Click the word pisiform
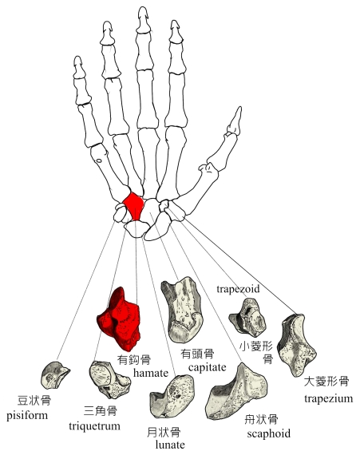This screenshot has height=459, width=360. tap(27, 416)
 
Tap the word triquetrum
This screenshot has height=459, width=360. tap(94, 426)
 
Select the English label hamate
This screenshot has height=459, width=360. tap(151, 373)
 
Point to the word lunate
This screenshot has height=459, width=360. tap(170, 445)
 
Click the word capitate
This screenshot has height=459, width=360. tap(208, 367)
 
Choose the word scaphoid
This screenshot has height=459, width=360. tap(269, 433)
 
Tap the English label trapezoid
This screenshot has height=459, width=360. tap(238, 289)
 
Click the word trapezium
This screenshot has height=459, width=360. tap(328, 398)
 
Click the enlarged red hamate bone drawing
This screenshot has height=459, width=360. tap(120, 321)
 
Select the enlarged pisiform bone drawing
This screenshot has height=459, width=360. tap(54, 375)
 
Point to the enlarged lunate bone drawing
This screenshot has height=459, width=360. tap(172, 396)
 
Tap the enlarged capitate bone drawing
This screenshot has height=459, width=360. tap(182, 311)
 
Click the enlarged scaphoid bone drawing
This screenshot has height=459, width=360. tap(237, 392)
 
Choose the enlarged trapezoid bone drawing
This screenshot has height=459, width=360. tap(247, 317)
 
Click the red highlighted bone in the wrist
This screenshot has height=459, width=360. tap(134, 205)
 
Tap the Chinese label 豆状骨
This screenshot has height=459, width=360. tap(34, 400)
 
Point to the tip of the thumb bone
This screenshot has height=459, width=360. tap(240, 107)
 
